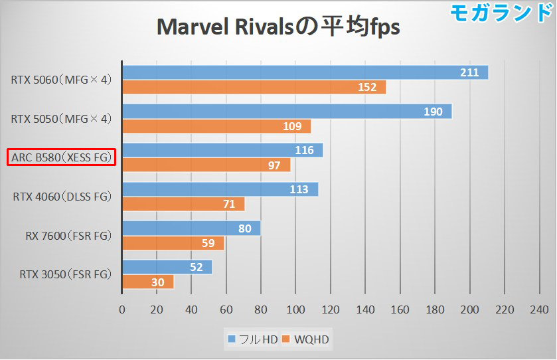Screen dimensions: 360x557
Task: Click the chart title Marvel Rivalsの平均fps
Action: pyautogui.click(x=278, y=27)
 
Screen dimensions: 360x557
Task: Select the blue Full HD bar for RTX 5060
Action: pyautogui.click(x=305, y=72)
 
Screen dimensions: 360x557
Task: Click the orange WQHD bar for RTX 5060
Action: pyautogui.click(x=254, y=88)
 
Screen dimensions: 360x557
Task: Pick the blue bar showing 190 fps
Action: pyautogui.click(x=286, y=112)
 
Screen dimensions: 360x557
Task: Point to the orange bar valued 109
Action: pyautogui.click(x=216, y=126)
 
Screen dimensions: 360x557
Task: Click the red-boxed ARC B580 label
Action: pyautogui.click(x=62, y=157)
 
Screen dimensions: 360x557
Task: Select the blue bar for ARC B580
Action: pyautogui.click(x=222, y=150)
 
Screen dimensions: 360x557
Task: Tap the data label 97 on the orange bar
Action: pyautogui.click(x=274, y=165)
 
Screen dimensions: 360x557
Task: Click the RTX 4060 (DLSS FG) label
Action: pyautogui.click(x=62, y=197)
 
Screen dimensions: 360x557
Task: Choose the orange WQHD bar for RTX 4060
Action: pyautogui.click(x=183, y=204)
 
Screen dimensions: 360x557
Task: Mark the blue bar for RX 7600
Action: pyautogui.click(x=191, y=228)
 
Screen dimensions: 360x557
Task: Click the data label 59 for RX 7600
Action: pyautogui.click(x=208, y=243)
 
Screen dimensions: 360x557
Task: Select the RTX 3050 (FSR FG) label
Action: pyautogui.click(x=62, y=274)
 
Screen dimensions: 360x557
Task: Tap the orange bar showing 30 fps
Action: pyautogui.click(x=147, y=282)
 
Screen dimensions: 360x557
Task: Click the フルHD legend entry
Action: pyautogui.click(x=253, y=340)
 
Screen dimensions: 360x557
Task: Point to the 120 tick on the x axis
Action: pyautogui.click(x=331, y=310)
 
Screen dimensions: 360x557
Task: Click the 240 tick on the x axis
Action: pyautogui.click(x=539, y=310)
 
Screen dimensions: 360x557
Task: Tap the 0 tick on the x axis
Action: pyautogui.click(x=122, y=310)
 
